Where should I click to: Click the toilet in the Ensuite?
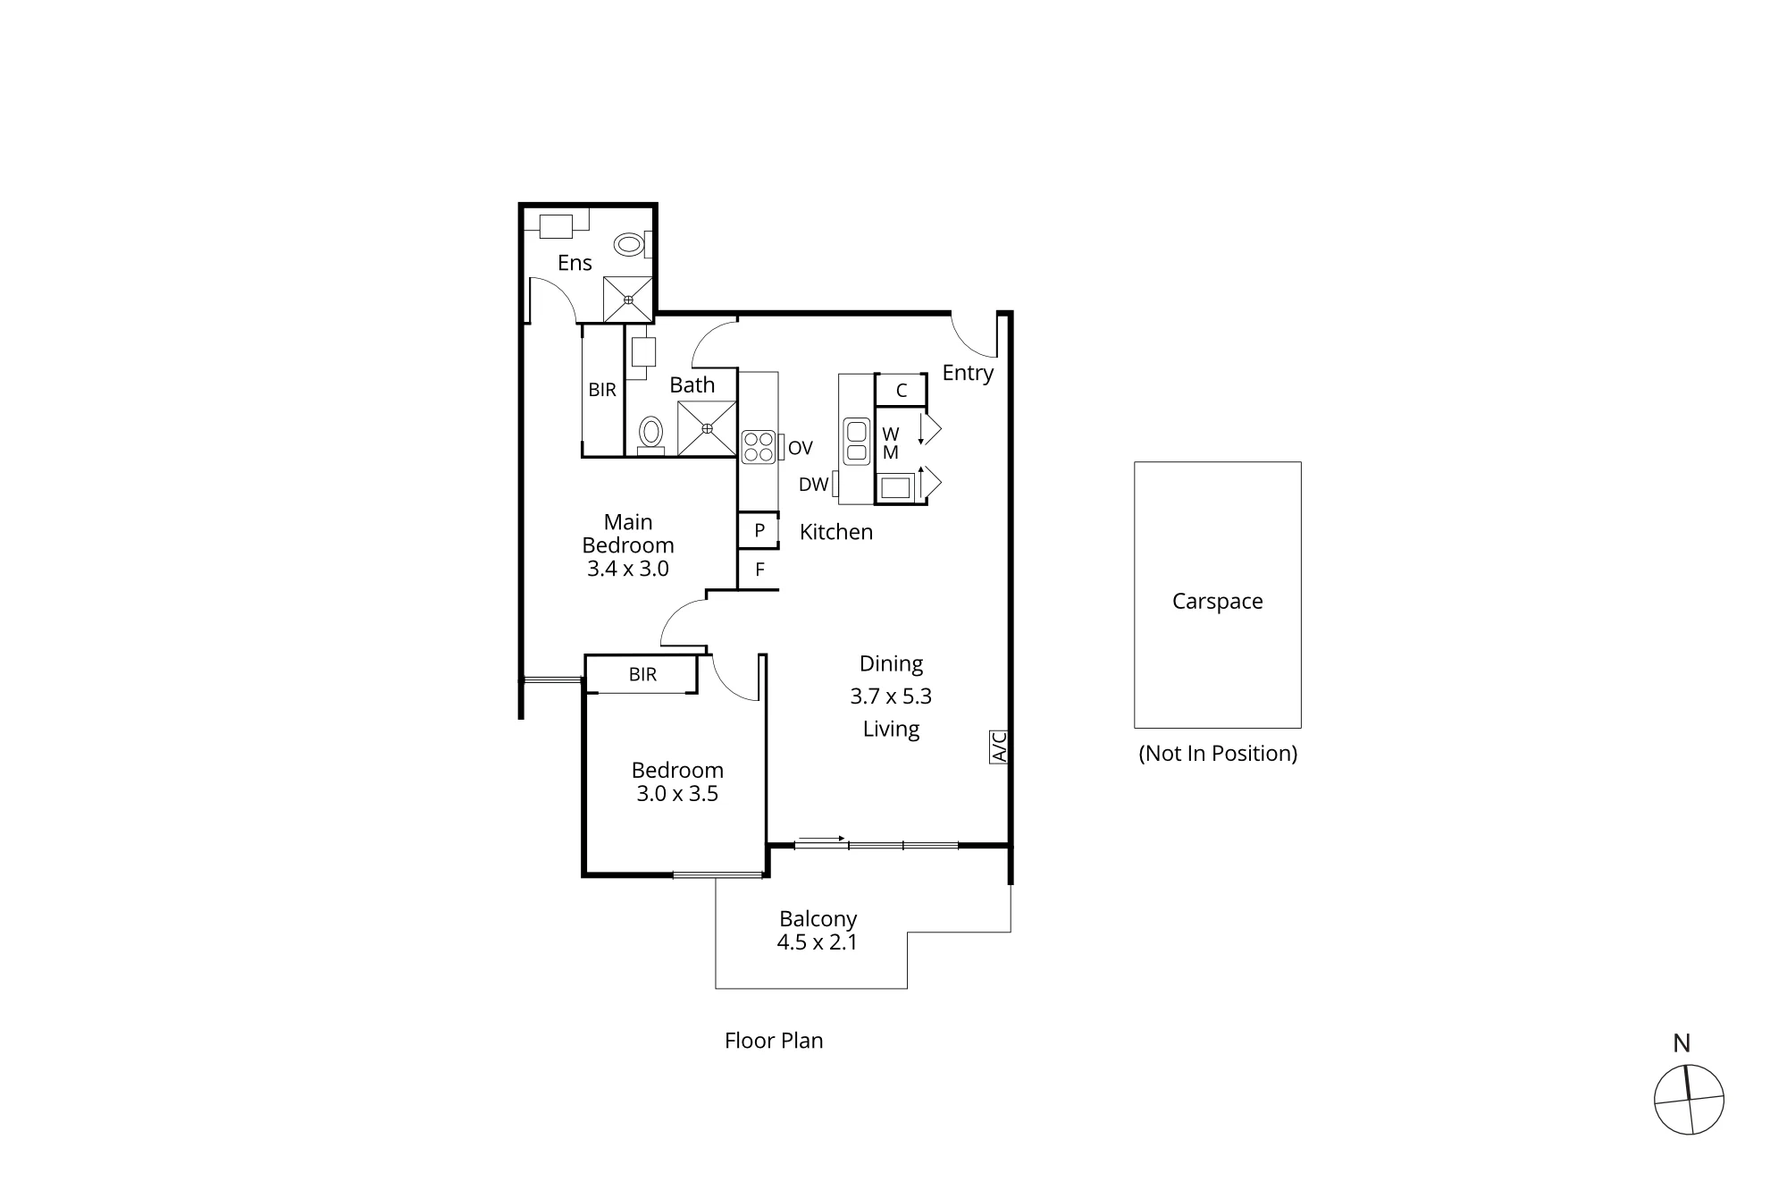[633, 244]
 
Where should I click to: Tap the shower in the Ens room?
[628, 300]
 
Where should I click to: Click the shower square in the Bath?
[707, 428]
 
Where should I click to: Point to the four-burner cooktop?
[759, 446]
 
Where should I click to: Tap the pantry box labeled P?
[759, 530]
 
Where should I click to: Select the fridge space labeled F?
[759, 570]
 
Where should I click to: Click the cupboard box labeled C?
[901, 391]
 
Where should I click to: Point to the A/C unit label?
[999, 747]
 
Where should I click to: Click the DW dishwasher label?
[814, 485]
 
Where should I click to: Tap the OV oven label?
[801, 448]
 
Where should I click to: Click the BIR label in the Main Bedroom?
[602, 390]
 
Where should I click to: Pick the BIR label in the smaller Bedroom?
[642, 674]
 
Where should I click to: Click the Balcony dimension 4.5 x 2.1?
[818, 942]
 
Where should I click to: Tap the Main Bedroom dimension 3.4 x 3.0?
[628, 569]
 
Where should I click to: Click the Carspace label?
[1218, 601]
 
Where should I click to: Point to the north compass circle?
[1689, 1100]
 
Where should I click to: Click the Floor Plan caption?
[774, 1040]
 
